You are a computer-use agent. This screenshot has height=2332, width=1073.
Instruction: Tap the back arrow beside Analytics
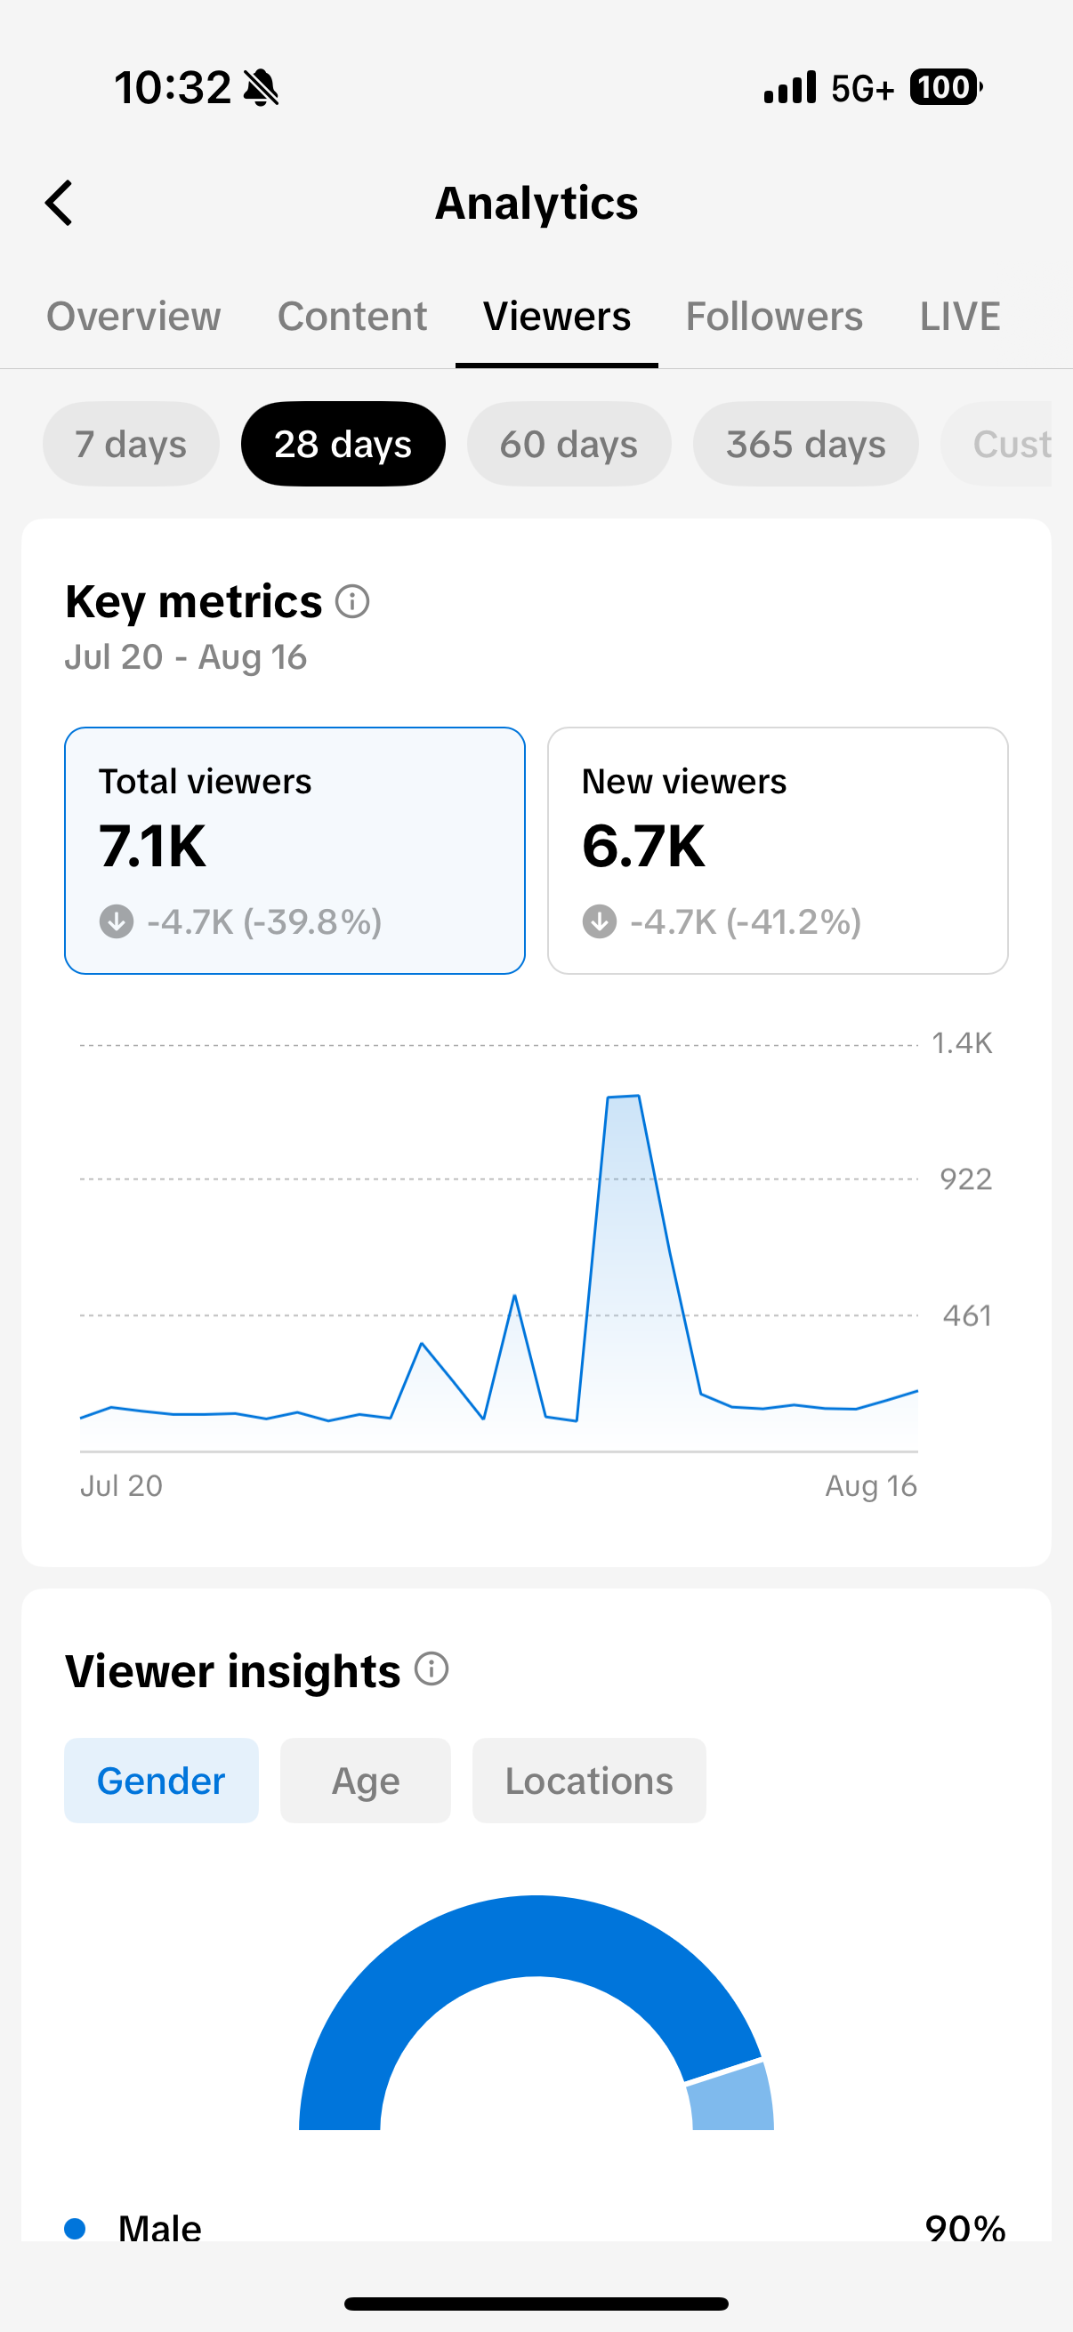point(59,203)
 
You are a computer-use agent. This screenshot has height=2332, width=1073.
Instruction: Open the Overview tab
point(134,317)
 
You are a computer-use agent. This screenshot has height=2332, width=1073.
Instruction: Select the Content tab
point(352,317)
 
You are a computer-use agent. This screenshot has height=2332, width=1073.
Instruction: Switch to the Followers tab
point(774,317)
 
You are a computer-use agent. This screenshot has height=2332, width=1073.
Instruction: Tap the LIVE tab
point(960,317)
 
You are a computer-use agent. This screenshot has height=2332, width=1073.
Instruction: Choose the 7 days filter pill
point(132,444)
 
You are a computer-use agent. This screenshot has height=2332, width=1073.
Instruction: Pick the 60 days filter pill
point(569,444)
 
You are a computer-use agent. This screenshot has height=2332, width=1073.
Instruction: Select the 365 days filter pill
point(806,444)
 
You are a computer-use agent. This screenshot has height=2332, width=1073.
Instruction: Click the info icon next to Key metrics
point(352,601)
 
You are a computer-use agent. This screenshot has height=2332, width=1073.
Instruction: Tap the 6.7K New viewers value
point(643,847)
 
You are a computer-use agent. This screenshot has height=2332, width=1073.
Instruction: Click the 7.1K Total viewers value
point(152,847)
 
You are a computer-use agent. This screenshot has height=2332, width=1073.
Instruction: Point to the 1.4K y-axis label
point(963,1044)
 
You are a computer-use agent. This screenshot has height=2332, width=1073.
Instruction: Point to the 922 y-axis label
point(966,1179)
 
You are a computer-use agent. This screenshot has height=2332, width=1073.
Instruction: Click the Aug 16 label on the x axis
point(871,1485)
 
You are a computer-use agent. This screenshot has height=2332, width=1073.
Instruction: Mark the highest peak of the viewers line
point(638,1097)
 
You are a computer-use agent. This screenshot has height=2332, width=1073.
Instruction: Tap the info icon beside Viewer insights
point(432,1669)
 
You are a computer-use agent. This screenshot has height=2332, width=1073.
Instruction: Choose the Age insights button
point(366,1781)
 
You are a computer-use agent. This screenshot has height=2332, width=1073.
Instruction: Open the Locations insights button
point(590,1781)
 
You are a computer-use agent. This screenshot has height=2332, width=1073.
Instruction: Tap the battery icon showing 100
point(947,88)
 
